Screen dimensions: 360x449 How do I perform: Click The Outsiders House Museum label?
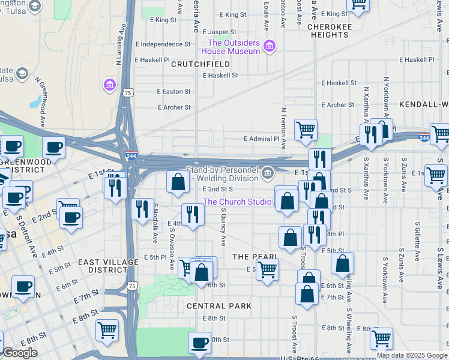(234, 47)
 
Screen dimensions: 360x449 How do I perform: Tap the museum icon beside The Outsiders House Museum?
(270, 46)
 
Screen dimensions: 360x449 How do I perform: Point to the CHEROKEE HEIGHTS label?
(328, 31)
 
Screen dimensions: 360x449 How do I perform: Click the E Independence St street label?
(163, 44)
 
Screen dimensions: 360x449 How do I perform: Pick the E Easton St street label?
(173, 92)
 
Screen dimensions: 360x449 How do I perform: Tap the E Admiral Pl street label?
(262, 139)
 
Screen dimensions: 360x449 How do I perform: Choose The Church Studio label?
(237, 202)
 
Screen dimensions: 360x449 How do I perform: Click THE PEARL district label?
(255, 257)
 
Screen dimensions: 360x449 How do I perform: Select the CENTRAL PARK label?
(210, 306)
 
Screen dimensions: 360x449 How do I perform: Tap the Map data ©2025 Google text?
(412, 355)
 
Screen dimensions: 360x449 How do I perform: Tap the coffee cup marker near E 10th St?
(200, 344)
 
